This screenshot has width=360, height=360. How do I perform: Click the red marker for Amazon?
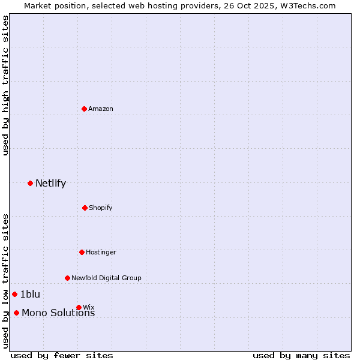point(85,109)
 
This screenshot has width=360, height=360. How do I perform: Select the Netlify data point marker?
point(30,183)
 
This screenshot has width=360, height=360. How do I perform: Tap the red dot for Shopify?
point(85,208)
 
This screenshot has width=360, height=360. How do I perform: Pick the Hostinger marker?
point(82,252)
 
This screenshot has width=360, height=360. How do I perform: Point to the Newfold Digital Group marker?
point(67,278)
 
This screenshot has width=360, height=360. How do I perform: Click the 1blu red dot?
point(15,294)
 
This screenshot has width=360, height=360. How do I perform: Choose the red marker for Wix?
point(79,307)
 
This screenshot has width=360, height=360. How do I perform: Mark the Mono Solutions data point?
point(16,313)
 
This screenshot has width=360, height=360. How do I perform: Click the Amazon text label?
point(101,109)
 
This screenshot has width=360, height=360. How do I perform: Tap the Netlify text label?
point(50,183)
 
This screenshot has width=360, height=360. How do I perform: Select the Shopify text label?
point(101,208)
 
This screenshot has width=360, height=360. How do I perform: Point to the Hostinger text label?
point(101,252)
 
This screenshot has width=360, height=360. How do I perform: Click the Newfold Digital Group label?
point(106,278)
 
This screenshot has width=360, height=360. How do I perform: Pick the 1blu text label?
point(30,294)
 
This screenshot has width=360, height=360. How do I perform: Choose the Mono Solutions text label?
point(58,313)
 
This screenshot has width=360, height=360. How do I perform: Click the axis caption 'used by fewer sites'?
point(62,355)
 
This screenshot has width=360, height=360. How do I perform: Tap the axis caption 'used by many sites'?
point(301,355)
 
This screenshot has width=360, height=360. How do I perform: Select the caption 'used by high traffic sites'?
point(6,85)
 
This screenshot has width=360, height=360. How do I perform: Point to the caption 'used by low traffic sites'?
point(6,280)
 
